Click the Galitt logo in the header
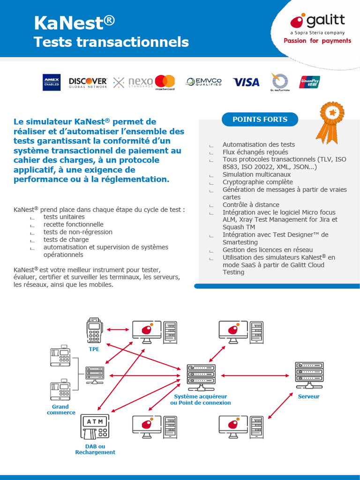(317, 22)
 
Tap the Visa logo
(246, 82)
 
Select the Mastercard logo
(165, 82)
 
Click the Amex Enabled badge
(52, 82)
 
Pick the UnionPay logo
(310, 82)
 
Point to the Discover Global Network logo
(88, 82)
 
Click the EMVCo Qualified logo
(204, 82)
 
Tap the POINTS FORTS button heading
(260, 120)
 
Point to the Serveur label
(308, 397)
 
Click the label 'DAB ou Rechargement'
(95, 449)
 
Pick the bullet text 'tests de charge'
(66, 240)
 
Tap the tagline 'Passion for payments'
(317, 41)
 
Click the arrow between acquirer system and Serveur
(255, 375)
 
